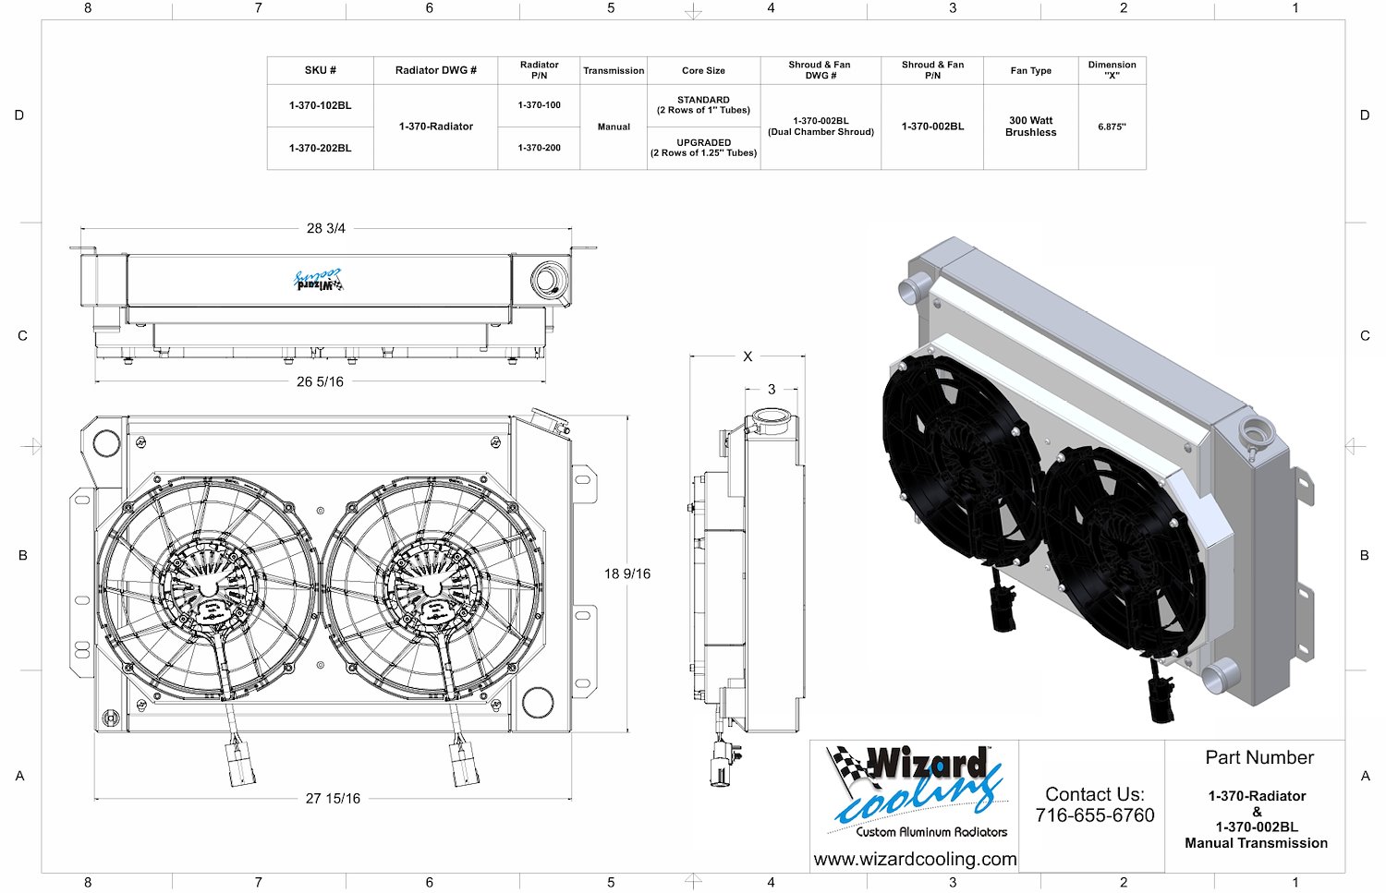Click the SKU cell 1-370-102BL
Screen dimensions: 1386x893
320,106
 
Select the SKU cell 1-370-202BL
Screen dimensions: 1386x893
320,149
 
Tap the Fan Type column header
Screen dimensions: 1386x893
1031,70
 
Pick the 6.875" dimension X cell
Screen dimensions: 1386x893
1112,127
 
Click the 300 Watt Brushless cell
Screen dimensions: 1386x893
1031,127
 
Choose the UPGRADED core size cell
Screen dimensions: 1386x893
703,148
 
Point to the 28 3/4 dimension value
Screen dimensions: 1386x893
326,228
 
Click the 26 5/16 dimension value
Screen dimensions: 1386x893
320,381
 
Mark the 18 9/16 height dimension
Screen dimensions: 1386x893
627,573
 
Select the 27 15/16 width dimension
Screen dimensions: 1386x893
333,799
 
